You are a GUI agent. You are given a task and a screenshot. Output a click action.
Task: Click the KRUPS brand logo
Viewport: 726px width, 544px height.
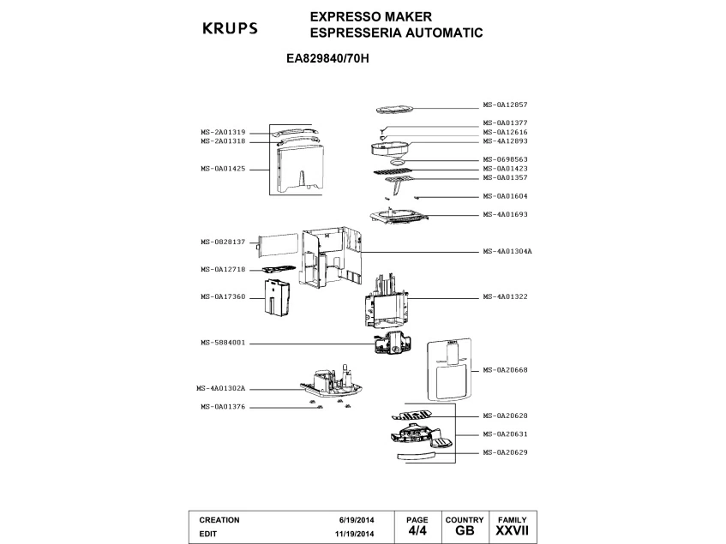(229, 27)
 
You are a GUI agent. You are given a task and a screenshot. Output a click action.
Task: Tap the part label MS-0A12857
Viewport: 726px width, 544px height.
(505, 106)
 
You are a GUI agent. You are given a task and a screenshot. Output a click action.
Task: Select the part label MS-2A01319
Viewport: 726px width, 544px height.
(223, 132)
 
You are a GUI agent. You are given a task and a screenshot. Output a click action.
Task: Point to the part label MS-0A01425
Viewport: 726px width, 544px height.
(223, 169)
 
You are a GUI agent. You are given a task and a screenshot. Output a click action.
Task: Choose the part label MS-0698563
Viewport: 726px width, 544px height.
(505, 159)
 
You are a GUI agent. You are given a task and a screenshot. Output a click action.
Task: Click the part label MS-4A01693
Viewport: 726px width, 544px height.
(505, 214)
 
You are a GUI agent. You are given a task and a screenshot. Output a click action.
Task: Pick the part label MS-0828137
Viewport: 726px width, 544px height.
(223, 242)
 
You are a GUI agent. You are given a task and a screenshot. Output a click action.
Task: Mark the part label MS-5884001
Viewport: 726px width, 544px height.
(223, 343)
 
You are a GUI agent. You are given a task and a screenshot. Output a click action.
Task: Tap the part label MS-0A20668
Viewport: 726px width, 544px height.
(505, 369)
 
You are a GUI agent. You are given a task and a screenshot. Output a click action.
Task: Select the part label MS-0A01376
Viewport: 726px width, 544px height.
(223, 406)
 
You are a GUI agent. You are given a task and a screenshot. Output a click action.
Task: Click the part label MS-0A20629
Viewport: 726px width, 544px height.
(505, 451)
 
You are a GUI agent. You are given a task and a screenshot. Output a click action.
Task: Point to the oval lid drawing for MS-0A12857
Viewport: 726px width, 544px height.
(395, 109)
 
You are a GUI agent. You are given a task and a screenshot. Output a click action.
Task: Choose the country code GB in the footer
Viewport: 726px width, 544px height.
(465, 532)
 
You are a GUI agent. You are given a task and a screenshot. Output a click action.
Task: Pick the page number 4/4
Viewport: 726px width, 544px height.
(416, 532)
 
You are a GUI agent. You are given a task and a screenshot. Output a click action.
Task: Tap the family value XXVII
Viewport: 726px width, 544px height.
(512, 532)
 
